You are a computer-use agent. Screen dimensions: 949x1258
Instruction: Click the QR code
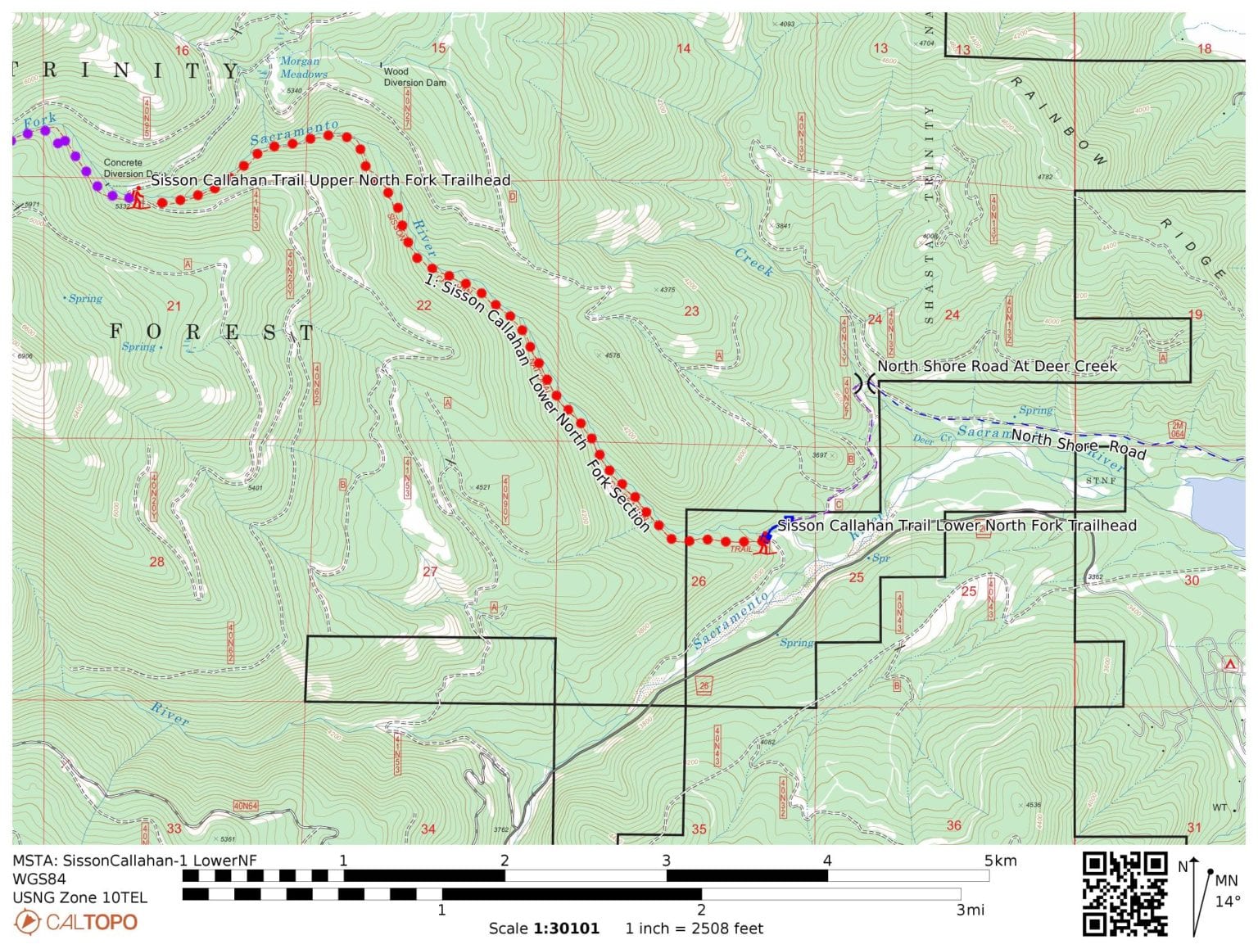pyautogui.click(x=1125, y=893)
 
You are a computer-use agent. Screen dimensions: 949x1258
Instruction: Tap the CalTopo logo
pyautogui.click(x=75, y=922)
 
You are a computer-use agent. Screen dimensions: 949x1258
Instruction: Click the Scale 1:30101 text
pyautogui.click(x=544, y=929)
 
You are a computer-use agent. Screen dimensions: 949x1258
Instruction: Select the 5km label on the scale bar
pyautogui.click(x=1000, y=861)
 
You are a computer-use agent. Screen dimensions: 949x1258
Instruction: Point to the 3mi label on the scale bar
pyautogui.click(x=970, y=910)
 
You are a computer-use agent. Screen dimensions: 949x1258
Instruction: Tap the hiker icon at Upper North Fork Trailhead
pyautogui.click(x=138, y=197)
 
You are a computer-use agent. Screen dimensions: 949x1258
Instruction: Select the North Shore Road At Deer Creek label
pyautogui.click(x=997, y=366)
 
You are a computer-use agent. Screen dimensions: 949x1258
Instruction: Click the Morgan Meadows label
pyautogui.click(x=302, y=67)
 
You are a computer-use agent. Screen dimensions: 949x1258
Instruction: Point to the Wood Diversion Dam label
pyautogui.click(x=414, y=77)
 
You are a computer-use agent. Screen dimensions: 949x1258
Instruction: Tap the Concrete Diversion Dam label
pyautogui.click(x=124, y=168)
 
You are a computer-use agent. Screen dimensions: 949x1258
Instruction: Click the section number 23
pyautogui.click(x=691, y=311)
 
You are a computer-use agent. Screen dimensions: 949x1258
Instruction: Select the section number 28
pyautogui.click(x=156, y=562)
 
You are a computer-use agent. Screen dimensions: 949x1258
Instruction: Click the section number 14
pyautogui.click(x=683, y=48)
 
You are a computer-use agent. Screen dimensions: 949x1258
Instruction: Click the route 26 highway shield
pyautogui.click(x=703, y=686)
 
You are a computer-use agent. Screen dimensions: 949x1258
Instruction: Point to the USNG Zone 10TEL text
pyautogui.click(x=79, y=897)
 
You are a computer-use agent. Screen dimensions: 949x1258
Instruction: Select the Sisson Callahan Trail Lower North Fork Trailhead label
pyautogui.click(x=957, y=526)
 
